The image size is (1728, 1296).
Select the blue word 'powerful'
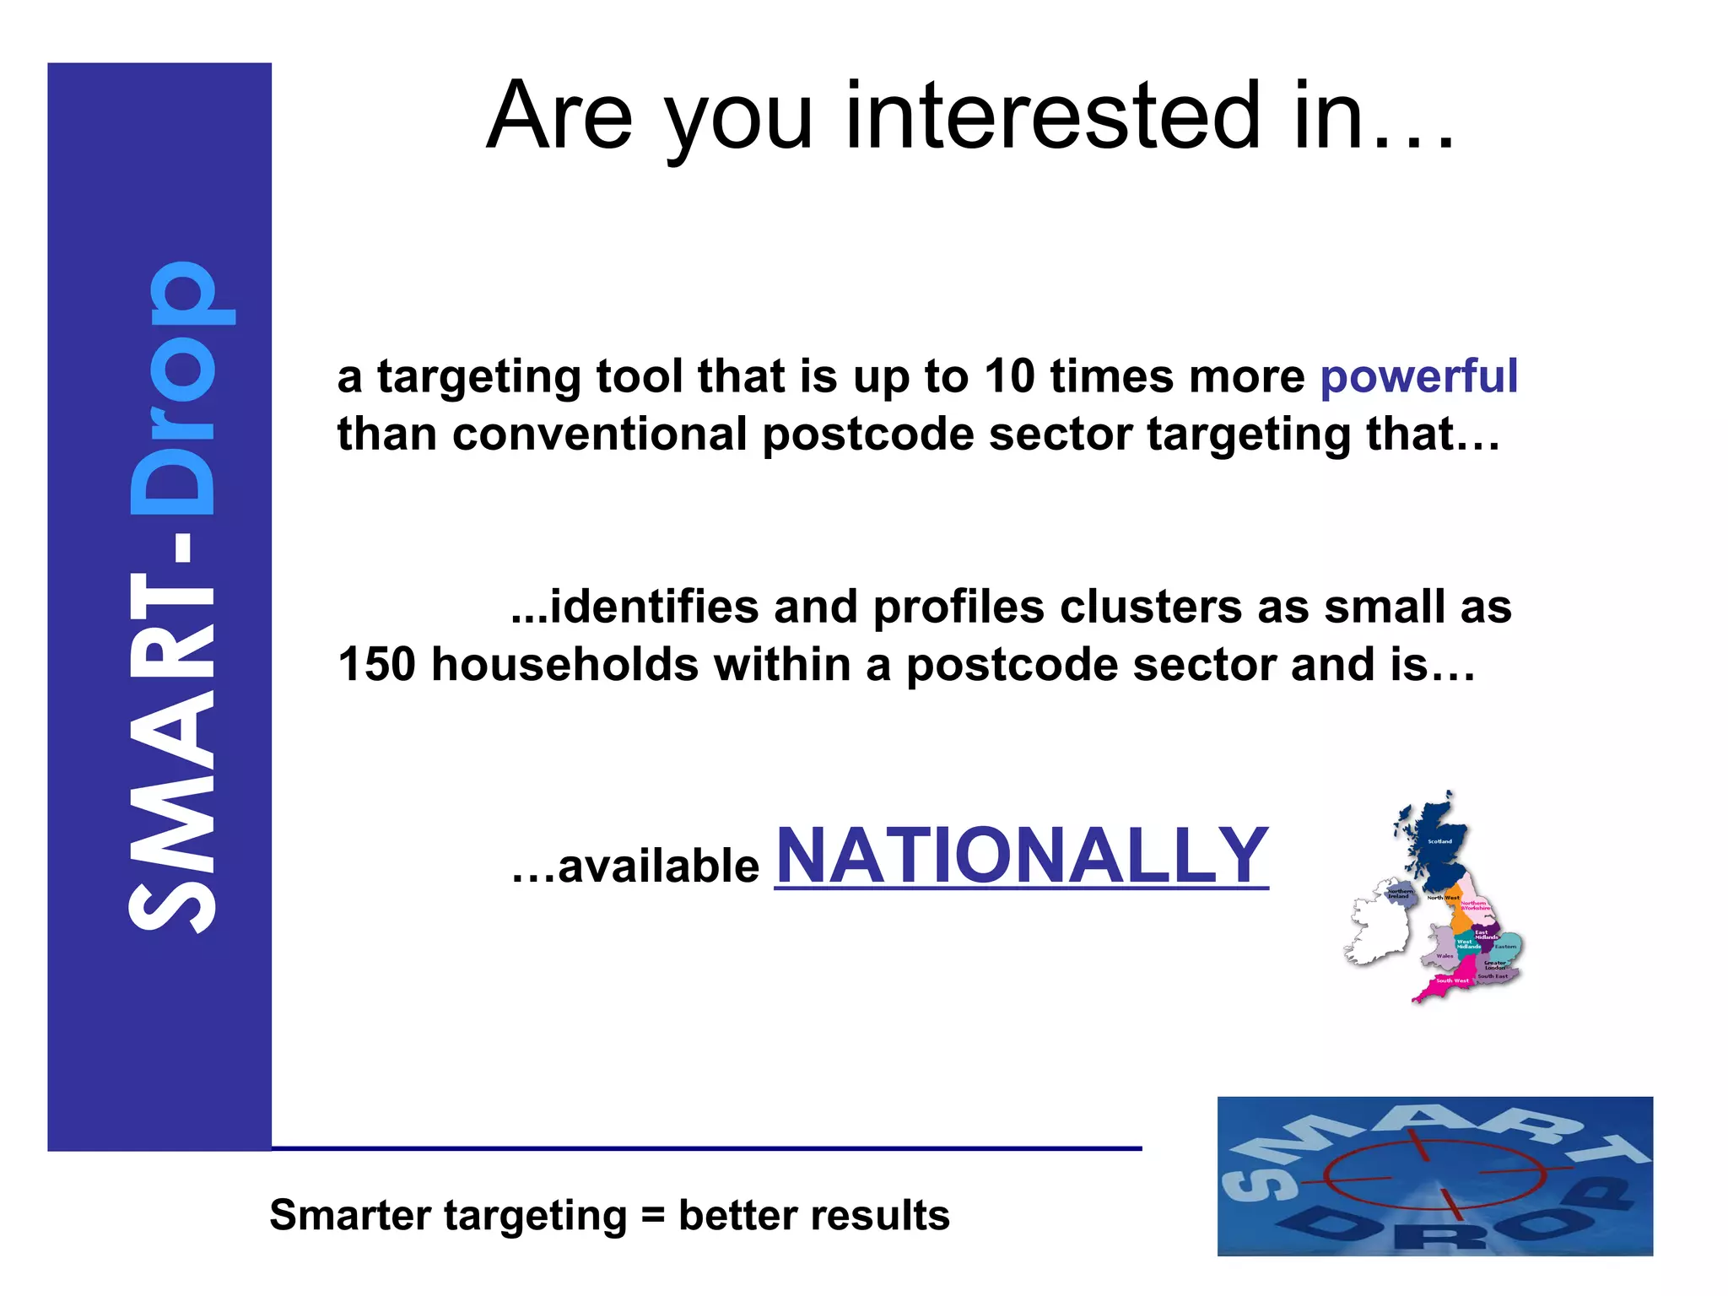(x=1418, y=377)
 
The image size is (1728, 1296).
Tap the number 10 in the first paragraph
(x=1009, y=375)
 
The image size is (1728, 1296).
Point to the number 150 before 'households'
(x=376, y=664)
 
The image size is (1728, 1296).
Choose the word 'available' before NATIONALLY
(x=658, y=867)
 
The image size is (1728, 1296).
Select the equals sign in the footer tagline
(x=652, y=1216)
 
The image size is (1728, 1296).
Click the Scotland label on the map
(x=1439, y=841)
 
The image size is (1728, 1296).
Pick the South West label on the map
(x=1452, y=981)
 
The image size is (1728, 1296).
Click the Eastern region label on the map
(x=1505, y=947)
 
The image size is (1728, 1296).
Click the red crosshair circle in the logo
(x=1434, y=1174)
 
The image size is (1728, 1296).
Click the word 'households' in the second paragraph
(x=565, y=664)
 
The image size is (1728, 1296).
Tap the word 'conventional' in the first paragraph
(x=599, y=435)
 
